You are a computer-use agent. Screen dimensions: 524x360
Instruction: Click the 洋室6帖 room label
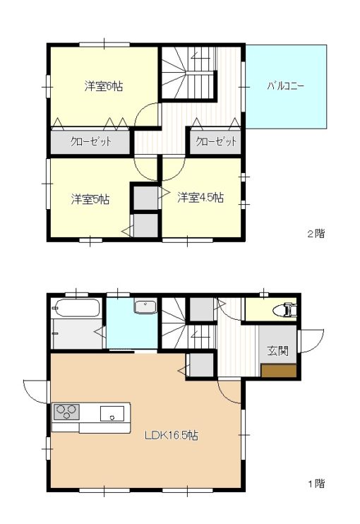click(104, 87)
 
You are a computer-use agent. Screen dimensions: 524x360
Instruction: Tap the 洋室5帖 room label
click(90, 199)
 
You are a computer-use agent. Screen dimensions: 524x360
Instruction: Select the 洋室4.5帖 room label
click(200, 198)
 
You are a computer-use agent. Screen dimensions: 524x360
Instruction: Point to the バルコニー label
click(286, 87)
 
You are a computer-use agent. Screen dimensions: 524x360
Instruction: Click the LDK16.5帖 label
click(171, 436)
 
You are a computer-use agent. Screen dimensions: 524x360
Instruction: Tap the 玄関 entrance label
click(277, 351)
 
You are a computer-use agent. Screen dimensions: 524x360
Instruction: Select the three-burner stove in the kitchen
click(66, 412)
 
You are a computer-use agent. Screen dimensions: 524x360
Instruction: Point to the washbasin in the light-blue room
click(145, 307)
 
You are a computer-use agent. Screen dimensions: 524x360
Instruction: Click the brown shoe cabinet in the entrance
click(277, 371)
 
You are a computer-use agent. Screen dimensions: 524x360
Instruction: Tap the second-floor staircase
click(185, 74)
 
